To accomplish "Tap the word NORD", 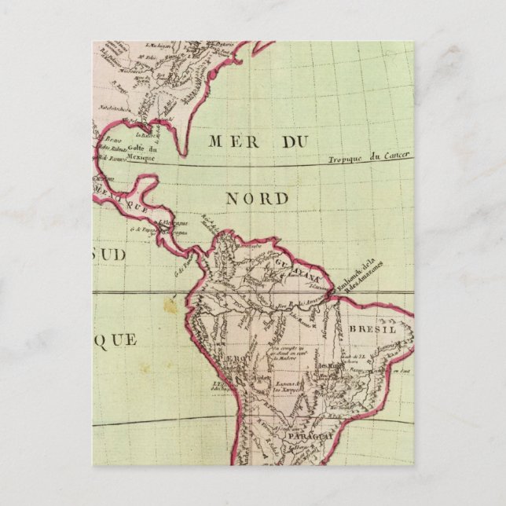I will point(257,199).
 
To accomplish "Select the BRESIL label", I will point(373,330).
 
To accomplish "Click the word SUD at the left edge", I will point(108,255).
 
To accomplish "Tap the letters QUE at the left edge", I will point(115,339).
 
